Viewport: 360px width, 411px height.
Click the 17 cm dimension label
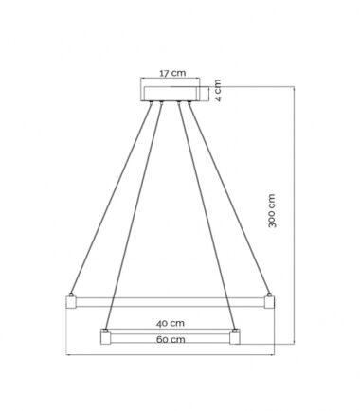(172, 73)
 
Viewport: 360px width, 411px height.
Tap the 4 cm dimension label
(218, 90)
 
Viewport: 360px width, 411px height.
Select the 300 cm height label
(272, 210)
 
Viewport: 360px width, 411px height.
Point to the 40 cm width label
(171, 324)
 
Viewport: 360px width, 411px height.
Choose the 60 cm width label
(171, 340)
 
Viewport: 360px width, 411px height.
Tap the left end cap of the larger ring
(71, 302)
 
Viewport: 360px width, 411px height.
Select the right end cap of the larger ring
(269, 302)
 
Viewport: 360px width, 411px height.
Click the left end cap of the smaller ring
(105, 337)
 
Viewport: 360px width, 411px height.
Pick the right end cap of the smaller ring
(235, 337)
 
